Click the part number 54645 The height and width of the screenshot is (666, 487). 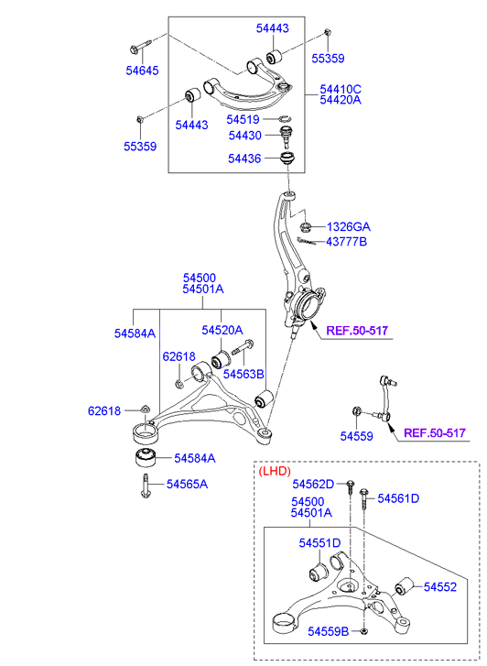(142, 71)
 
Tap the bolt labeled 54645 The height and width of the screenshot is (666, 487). (139, 47)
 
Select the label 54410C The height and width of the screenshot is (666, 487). (341, 89)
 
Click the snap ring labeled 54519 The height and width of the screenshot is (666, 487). (286, 118)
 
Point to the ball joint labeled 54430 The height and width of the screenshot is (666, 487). (287, 136)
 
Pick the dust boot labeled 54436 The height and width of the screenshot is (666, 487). (287, 158)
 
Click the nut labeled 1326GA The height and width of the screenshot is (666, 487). (305, 226)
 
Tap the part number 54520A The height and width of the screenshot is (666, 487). (222, 330)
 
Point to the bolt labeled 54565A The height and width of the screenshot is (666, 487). (146, 486)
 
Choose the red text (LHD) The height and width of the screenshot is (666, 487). (275, 471)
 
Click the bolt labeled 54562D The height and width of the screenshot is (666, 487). (351, 486)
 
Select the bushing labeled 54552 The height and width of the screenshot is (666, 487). (405, 586)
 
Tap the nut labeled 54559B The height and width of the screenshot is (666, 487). (363, 631)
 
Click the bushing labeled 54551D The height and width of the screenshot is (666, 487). (318, 572)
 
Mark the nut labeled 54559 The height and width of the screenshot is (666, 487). (357, 411)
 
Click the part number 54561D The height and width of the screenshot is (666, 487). (398, 498)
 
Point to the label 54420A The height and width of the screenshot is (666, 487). (341, 100)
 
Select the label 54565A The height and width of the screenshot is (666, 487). (188, 485)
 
